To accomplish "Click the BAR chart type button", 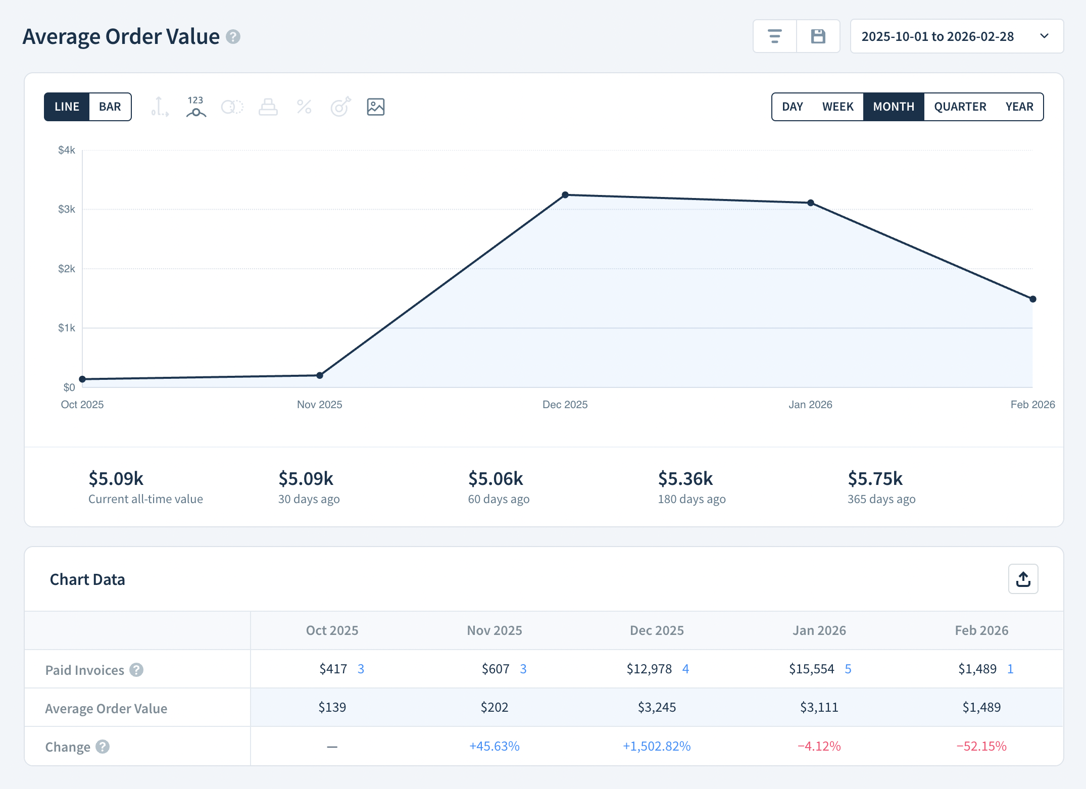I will (x=110, y=107).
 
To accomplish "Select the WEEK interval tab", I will (x=837, y=107).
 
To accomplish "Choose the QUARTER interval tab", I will (x=960, y=107).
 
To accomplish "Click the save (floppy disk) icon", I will (x=818, y=36).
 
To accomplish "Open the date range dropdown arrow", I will (x=1045, y=36).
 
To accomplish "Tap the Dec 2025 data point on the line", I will (x=565, y=195).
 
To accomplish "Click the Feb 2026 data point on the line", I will (x=1032, y=299).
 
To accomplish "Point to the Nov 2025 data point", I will (x=320, y=375).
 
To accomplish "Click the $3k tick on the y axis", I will (x=67, y=209).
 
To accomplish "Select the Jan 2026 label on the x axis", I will (x=810, y=405).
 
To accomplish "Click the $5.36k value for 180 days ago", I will (x=685, y=478).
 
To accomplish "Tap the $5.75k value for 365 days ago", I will (x=875, y=478).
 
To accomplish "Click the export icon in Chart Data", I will (x=1023, y=579).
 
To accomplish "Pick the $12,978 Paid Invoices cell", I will (x=649, y=669).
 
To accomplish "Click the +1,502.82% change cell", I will (x=656, y=746).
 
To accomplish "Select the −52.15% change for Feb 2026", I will (x=981, y=746).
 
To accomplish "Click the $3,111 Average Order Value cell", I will (x=819, y=707).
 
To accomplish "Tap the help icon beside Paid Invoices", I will (x=136, y=670).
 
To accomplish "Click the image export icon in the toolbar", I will (x=375, y=107).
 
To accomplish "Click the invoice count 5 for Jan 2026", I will (x=848, y=669).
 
